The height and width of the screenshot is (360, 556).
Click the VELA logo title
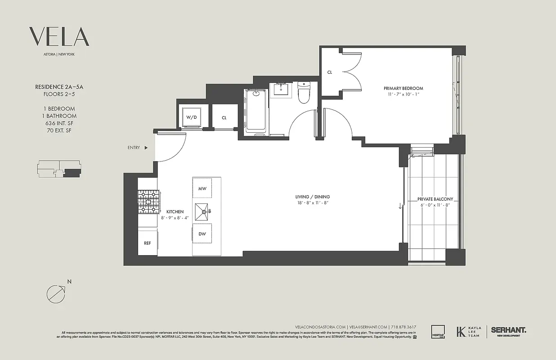pyautogui.click(x=59, y=36)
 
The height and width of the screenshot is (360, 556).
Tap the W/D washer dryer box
pyautogui.click(x=192, y=117)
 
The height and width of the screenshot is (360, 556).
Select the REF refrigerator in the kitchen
pyautogui.click(x=148, y=243)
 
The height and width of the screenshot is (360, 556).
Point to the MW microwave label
pyautogui.click(x=202, y=189)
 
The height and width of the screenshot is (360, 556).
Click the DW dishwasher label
pyautogui.click(x=202, y=234)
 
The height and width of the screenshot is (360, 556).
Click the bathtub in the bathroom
pyautogui.click(x=256, y=112)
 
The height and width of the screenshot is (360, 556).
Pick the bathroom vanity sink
pyautogui.click(x=282, y=90)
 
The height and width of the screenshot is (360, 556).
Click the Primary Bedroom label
pyautogui.click(x=403, y=88)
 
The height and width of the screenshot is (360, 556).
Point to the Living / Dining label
pyautogui.click(x=312, y=197)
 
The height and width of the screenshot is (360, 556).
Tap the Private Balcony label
pyautogui.click(x=435, y=199)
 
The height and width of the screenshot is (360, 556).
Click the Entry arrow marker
pyautogui.click(x=146, y=148)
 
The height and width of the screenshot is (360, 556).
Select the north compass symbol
pyautogui.click(x=56, y=293)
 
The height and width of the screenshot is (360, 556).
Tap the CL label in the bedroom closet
pyautogui.click(x=330, y=72)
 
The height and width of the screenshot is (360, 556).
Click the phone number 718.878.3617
pyautogui.click(x=404, y=327)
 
